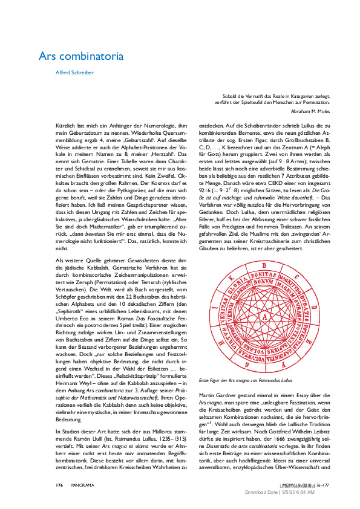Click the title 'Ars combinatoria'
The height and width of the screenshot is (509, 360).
pyautogui.click(x=90, y=56)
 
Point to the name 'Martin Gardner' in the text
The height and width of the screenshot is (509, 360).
pyautogui.click(x=215, y=394)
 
